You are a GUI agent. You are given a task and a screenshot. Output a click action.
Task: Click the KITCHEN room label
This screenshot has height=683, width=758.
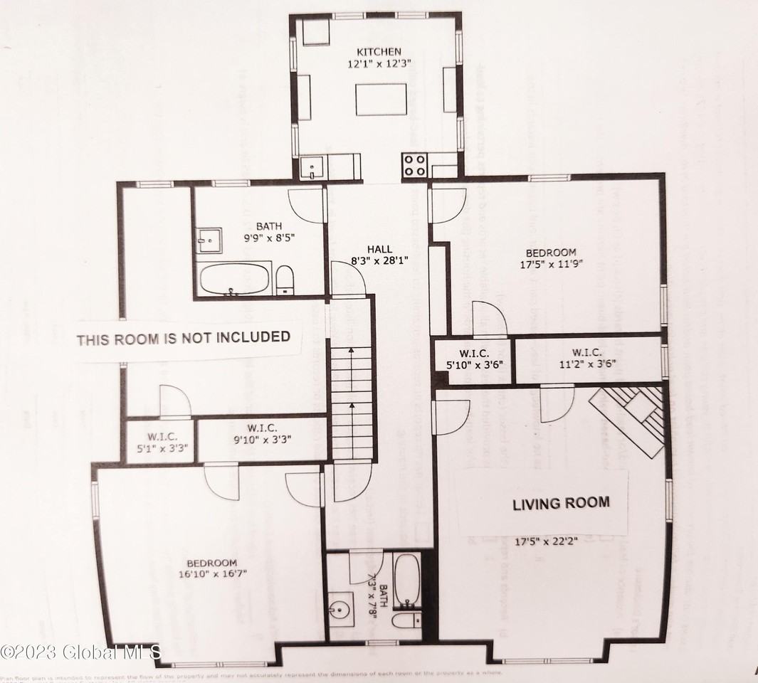coord(379,52)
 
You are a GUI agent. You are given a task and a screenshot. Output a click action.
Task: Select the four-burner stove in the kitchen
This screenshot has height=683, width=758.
coord(415,165)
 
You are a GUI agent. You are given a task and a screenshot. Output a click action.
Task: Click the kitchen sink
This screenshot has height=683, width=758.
coord(312,169)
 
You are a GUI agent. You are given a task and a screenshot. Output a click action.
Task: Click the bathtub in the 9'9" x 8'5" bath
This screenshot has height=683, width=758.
coord(234,279)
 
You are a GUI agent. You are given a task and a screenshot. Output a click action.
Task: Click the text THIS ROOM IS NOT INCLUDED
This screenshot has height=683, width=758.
coord(184,337)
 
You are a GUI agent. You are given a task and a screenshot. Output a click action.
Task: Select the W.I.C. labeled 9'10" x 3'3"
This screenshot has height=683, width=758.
coord(263,433)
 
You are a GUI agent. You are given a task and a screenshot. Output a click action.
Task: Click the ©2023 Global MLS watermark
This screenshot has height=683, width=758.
coord(81,651)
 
